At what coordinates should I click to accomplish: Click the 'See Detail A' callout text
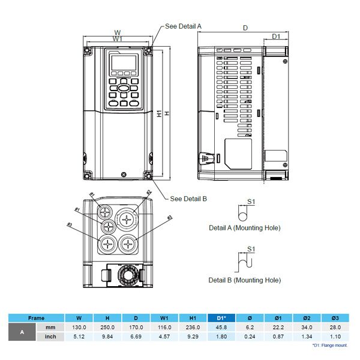[183, 27]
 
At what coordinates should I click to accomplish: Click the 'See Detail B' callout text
[188, 199]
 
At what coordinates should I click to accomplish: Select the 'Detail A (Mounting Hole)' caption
[244, 228]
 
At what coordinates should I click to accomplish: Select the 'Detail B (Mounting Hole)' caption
[244, 280]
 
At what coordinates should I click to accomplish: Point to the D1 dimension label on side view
[276, 37]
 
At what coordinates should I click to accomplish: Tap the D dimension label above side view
[245, 28]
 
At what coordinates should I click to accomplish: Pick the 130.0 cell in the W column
[79, 327]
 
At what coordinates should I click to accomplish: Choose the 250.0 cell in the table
[108, 327]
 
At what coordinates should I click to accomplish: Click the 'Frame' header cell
[37, 318]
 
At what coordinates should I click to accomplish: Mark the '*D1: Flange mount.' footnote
[329, 346]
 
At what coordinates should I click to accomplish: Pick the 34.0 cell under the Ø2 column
[307, 327]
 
